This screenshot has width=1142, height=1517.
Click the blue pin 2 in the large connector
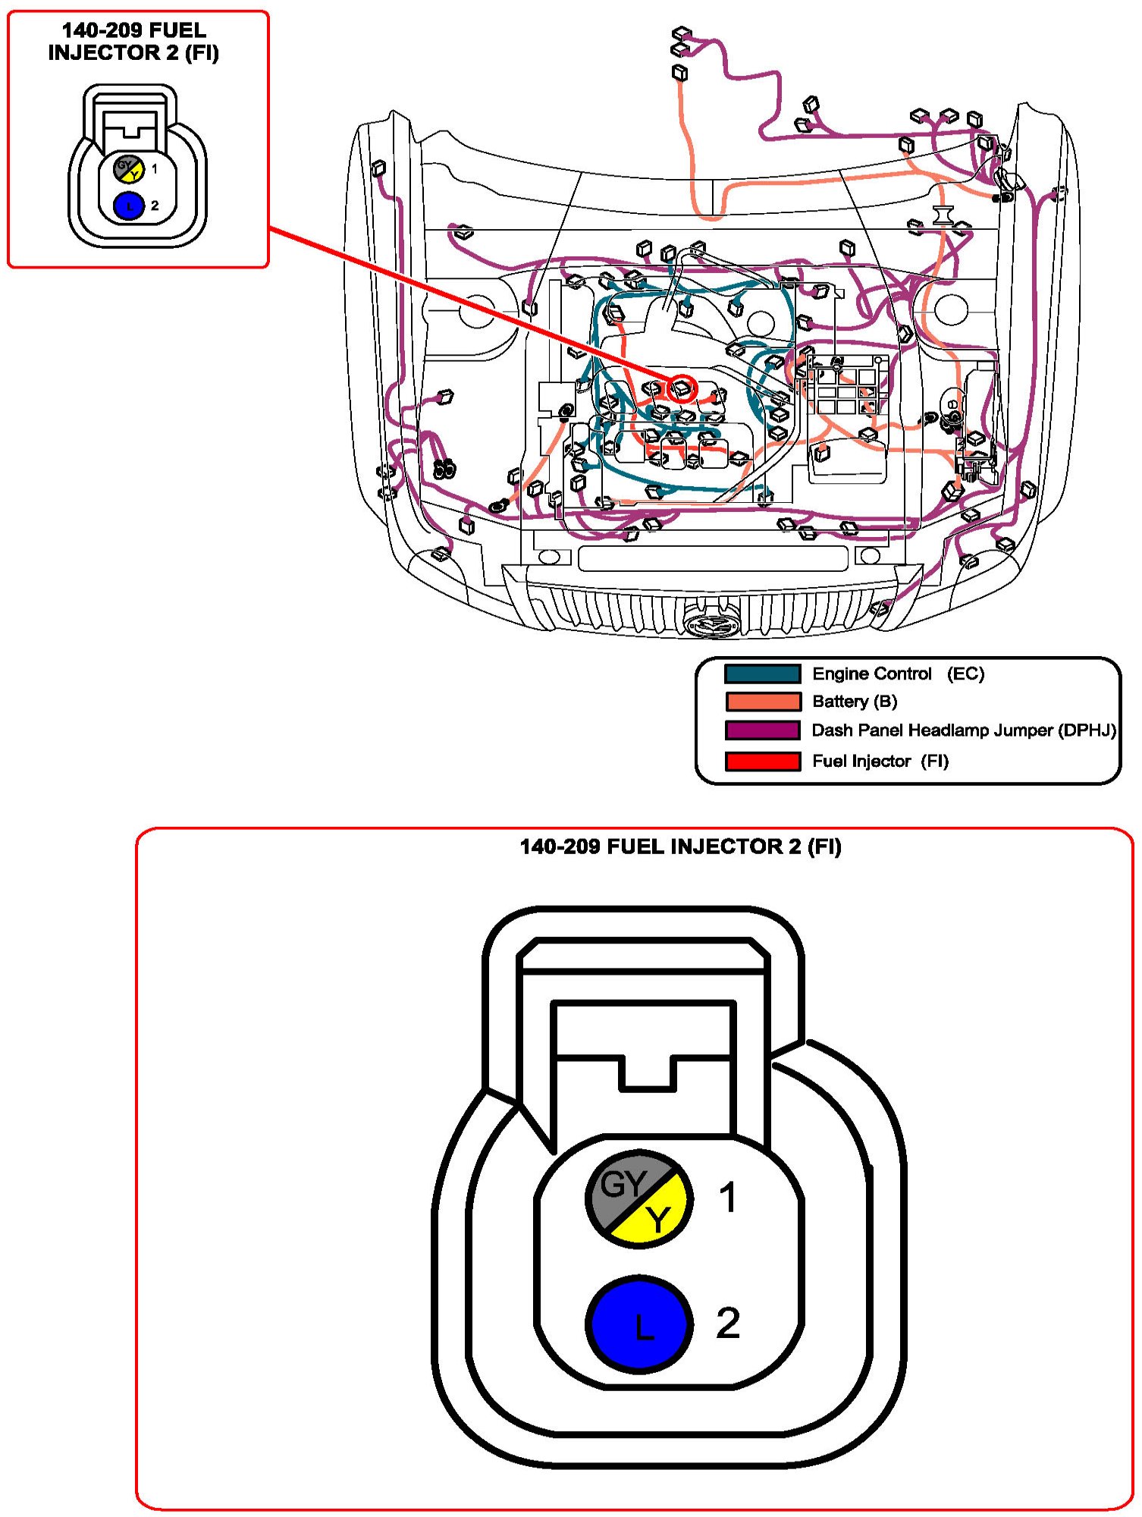639,1324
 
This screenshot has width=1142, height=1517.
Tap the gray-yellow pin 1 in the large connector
639,1198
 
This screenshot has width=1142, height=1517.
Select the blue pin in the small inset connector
129,206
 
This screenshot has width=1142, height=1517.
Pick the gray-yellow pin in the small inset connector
129,168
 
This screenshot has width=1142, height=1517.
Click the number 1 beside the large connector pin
727,1198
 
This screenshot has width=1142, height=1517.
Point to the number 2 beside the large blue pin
727,1323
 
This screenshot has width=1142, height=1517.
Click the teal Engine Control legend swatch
762,674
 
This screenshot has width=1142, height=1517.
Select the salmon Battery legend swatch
762,701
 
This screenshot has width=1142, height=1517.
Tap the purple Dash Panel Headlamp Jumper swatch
762,730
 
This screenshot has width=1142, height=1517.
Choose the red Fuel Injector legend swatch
762,761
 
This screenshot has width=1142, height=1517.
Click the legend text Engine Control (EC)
898,674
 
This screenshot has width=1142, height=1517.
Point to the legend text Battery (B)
855,701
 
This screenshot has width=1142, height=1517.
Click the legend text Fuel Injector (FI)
880,761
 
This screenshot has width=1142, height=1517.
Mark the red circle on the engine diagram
682,388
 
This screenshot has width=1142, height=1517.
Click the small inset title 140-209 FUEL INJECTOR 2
133,42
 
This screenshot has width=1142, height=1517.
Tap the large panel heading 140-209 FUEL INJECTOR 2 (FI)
680,846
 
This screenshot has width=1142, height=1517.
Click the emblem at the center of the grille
711,623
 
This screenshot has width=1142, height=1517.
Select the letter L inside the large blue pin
643,1327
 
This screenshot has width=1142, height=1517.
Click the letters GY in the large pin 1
623,1183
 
